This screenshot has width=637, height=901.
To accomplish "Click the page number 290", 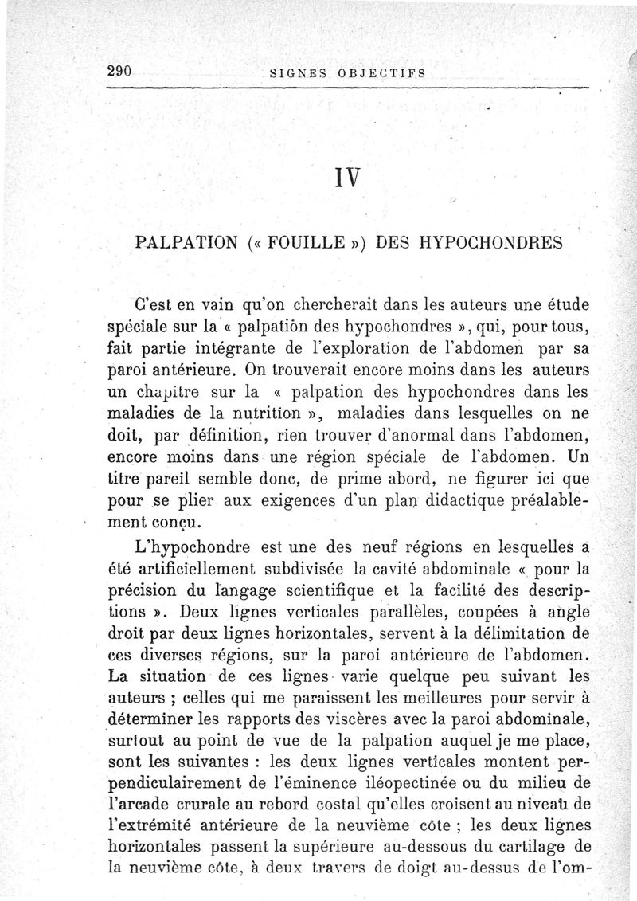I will click(x=119, y=70).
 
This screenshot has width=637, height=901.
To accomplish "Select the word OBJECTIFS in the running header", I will click(x=384, y=72).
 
